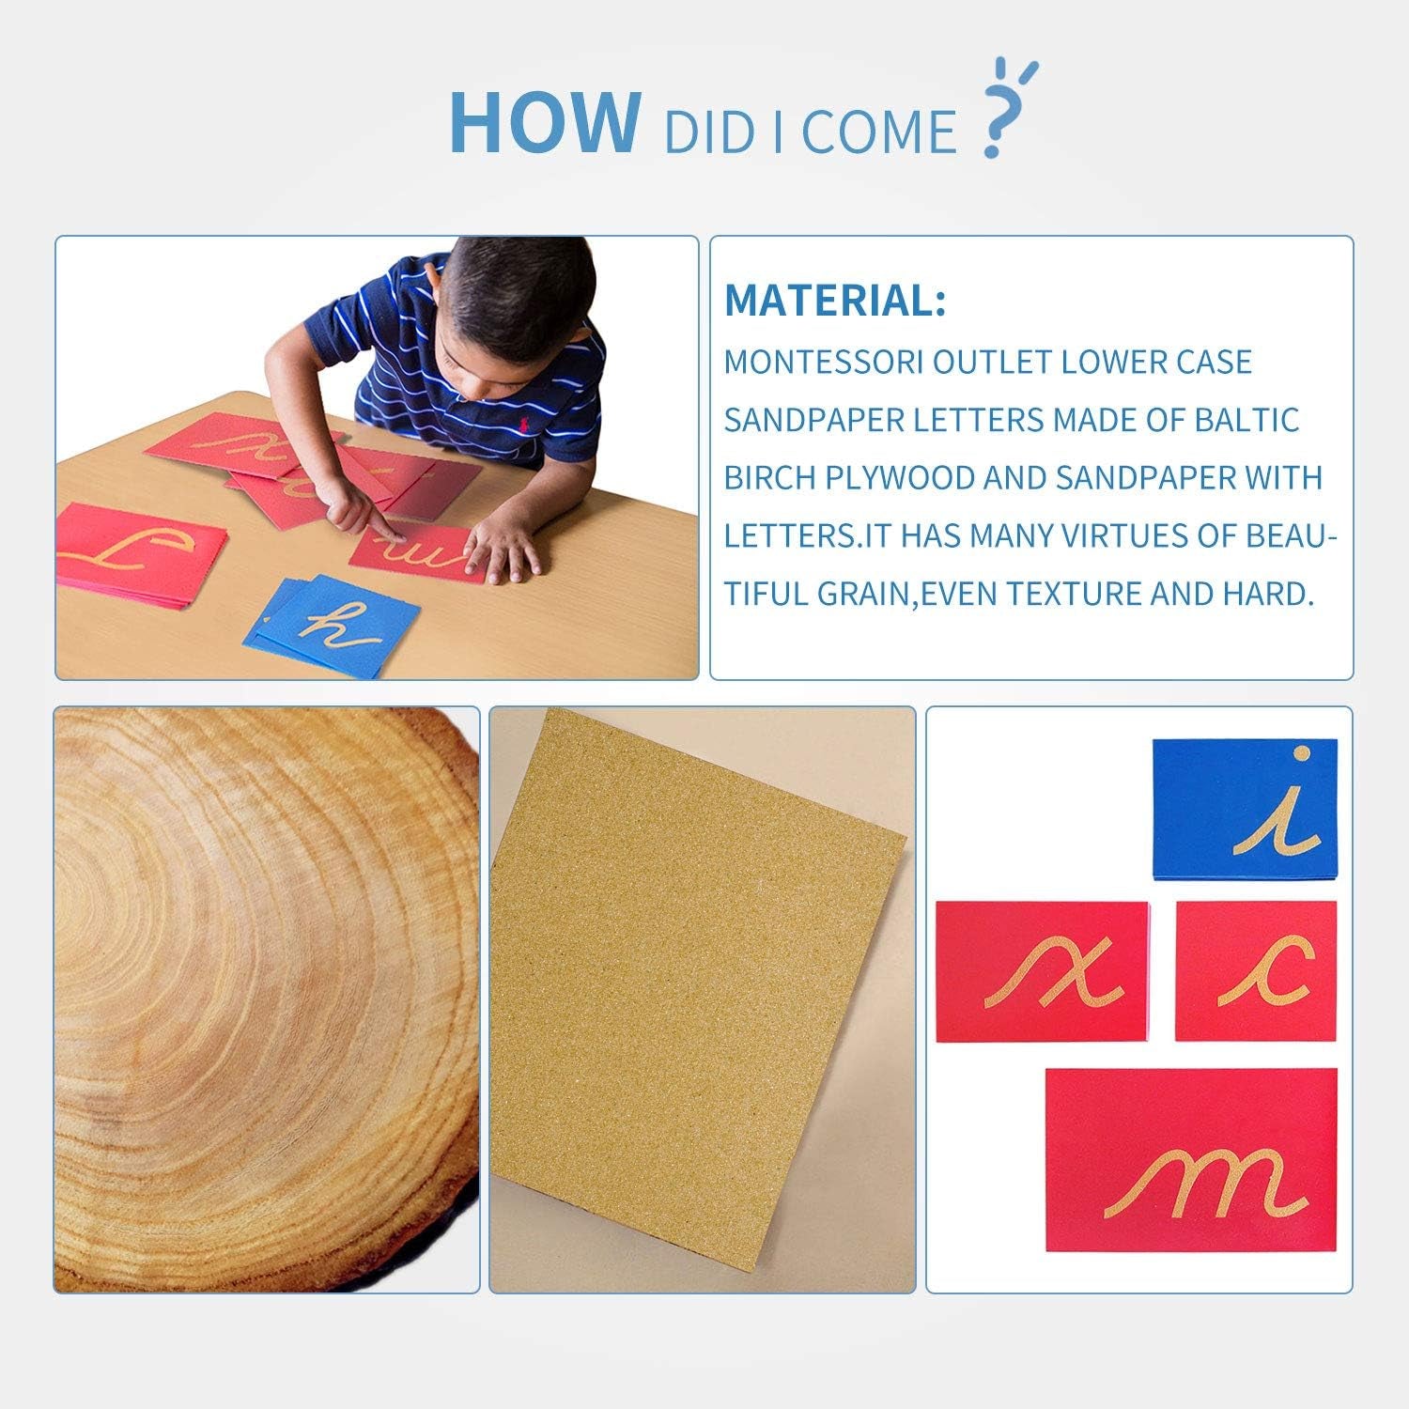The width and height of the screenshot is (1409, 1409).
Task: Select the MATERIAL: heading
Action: (835, 300)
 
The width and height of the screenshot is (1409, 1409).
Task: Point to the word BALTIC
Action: (1246, 420)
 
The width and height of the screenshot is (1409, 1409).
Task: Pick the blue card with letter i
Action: (1245, 810)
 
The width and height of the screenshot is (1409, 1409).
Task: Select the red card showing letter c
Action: (1256, 971)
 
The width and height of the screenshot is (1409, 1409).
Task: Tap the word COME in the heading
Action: (878, 132)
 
